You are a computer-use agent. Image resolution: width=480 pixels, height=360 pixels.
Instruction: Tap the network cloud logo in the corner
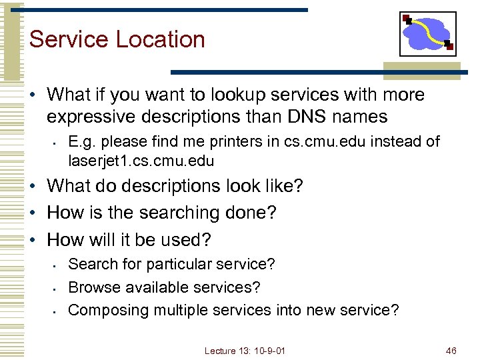click(427, 34)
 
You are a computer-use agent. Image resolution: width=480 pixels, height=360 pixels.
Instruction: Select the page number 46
click(451, 350)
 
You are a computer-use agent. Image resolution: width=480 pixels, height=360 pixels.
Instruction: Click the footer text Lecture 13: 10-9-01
click(245, 350)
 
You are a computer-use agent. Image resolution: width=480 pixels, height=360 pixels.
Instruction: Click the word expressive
click(93, 117)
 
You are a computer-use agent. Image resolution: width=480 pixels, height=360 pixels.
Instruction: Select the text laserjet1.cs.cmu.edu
click(141, 161)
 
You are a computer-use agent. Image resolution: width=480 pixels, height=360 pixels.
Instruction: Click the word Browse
click(91, 287)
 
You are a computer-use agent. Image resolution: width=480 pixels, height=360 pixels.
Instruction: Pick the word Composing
click(109, 310)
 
